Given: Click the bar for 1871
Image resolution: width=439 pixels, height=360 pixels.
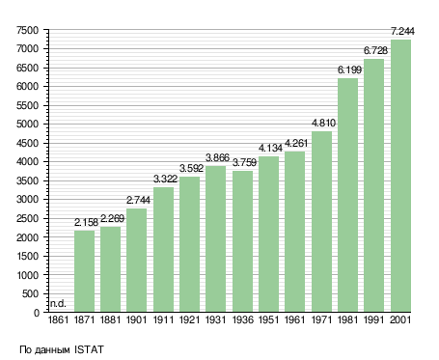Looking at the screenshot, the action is pyautogui.click(x=84, y=271).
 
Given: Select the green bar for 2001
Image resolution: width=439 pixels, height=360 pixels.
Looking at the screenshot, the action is pyautogui.click(x=400, y=176).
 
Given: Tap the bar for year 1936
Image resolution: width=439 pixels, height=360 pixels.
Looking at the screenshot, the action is pyautogui.click(x=242, y=241).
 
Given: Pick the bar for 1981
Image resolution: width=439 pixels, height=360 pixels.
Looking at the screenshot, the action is pyautogui.click(x=347, y=195).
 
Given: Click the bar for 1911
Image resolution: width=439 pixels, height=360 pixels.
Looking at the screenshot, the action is pyautogui.click(x=163, y=249).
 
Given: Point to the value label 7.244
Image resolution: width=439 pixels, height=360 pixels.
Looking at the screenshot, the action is pyautogui.click(x=402, y=31).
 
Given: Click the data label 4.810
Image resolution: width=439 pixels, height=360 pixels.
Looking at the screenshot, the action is pyautogui.click(x=323, y=123).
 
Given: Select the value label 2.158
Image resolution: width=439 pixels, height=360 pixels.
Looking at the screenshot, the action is pyautogui.click(x=86, y=222).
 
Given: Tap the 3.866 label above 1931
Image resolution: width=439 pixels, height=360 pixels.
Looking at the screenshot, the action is pyautogui.click(x=217, y=157).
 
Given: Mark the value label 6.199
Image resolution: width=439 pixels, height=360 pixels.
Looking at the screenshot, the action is pyautogui.click(x=349, y=69).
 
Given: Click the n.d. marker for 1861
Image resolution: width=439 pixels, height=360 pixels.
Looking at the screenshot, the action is pyautogui.click(x=58, y=303).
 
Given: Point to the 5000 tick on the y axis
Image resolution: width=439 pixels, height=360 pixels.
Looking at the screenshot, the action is pyautogui.click(x=27, y=125).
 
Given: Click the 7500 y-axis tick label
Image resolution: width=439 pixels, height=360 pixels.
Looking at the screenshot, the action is pyautogui.click(x=27, y=31).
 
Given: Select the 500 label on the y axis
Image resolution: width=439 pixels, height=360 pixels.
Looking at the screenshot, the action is pyautogui.click(x=31, y=293).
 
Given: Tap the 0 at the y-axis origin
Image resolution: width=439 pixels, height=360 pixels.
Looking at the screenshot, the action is pyautogui.click(x=37, y=313).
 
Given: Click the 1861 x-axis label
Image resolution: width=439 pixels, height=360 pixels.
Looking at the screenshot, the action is pyautogui.click(x=58, y=320).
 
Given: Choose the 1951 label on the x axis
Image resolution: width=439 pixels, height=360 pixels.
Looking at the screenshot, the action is pyautogui.click(x=268, y=320).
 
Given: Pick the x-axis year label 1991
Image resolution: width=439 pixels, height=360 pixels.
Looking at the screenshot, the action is pyautogui.click(x=374, y=320).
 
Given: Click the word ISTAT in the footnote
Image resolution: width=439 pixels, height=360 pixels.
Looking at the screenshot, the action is pyautogui.click(x=89, y=349).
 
